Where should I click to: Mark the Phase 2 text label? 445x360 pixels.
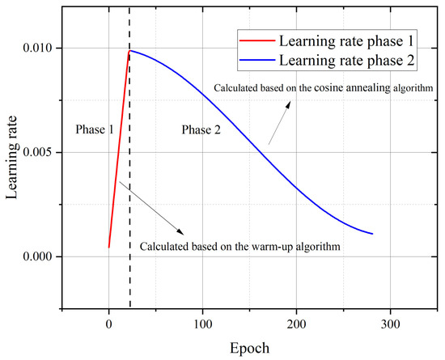pyautogui.click(x=201, y=129)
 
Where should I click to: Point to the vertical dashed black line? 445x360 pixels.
pyautogui.click(x=129, y=243)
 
